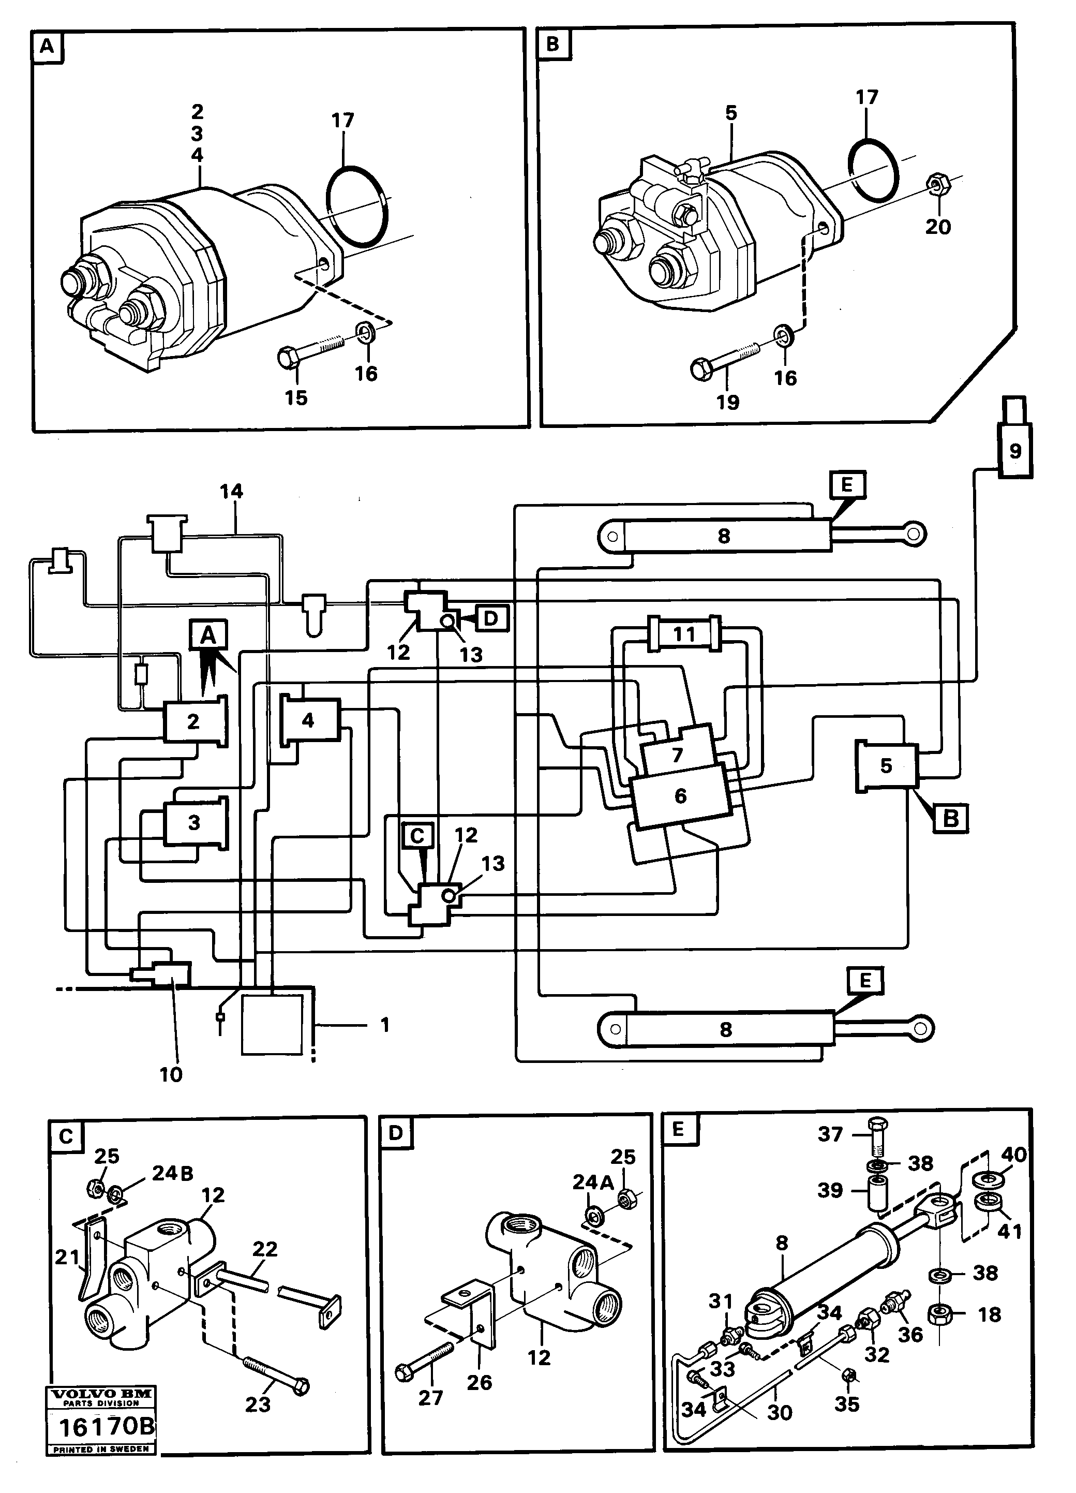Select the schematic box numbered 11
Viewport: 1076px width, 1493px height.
[x=684, y=634]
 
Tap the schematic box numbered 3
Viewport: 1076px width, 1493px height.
[x=194, y=823]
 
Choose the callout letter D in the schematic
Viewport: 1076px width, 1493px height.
[x=491, y=618]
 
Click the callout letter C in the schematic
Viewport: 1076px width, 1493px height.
[x=417, y=836]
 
